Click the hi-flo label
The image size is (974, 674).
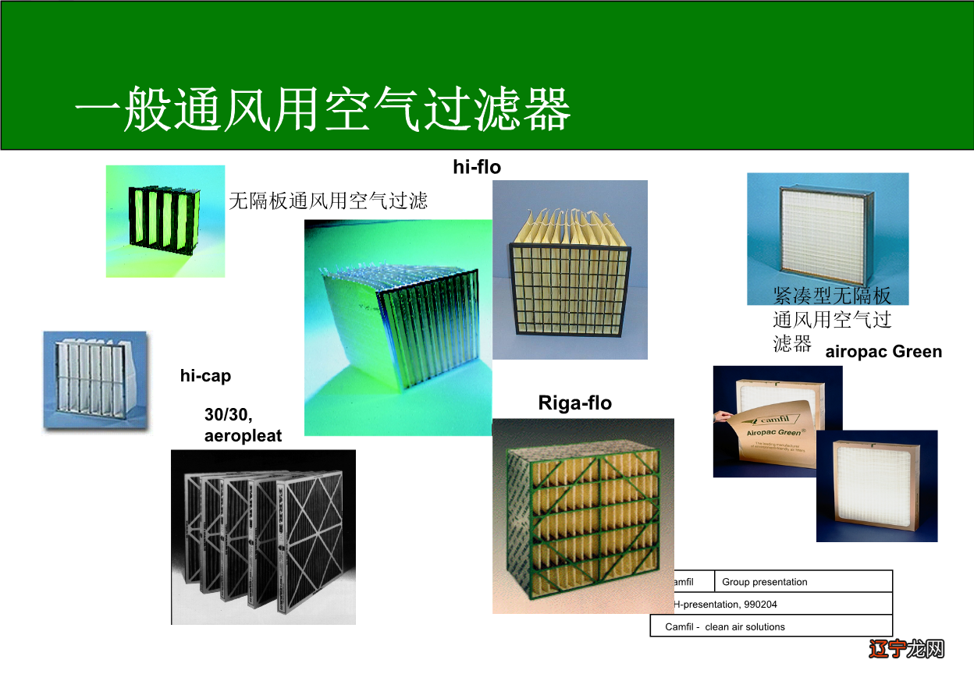coord(477,166)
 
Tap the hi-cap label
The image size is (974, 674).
coord(205,376)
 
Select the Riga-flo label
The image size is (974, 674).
coord(575,403)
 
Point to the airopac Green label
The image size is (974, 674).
coord(883,352)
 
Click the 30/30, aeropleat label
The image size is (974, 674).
coord(243,426)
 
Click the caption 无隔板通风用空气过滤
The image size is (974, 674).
coord(328,201)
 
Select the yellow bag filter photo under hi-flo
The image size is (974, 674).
coord(570,269)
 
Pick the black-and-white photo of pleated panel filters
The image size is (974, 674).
coord(263,537)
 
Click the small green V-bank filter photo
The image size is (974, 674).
coord(165,221)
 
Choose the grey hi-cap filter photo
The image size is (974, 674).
coord(94,381)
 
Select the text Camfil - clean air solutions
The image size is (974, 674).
coord(725,626)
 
